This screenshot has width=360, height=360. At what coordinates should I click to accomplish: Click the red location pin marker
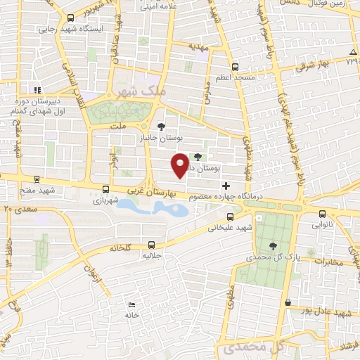coord(181,164)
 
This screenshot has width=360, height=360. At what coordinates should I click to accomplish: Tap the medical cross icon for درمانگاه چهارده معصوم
coord(225,186)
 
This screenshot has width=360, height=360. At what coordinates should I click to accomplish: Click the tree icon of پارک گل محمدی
coord(273,246)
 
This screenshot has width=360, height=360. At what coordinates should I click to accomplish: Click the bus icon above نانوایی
coord(322,214)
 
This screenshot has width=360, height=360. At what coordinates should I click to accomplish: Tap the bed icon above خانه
coord(132,304)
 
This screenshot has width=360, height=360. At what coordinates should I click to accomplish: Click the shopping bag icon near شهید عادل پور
coord(288,302)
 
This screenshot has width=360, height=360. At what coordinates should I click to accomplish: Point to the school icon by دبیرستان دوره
coord(37,89)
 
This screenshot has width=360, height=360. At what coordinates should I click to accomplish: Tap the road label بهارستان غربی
coord(153,191)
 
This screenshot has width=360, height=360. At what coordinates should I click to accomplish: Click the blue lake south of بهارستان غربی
coord(151,207)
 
